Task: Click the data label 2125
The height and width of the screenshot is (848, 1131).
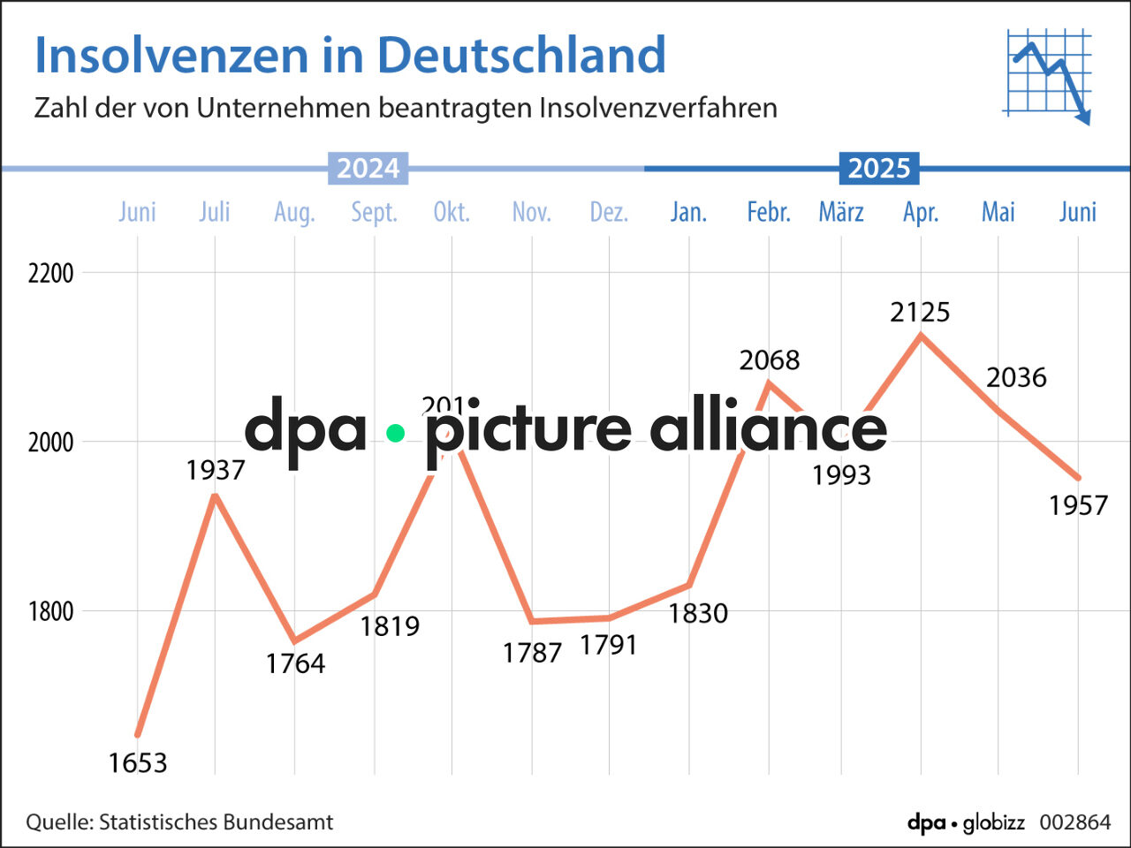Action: tap(920, 312)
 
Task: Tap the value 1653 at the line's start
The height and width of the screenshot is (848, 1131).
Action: tap(138, 762)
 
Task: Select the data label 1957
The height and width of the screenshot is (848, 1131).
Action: tap(1077, 505)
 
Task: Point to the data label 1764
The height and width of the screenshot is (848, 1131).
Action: tap(295, 663)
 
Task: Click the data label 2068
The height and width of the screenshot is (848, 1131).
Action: tap(769, 360)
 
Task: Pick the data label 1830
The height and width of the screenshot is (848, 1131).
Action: tap(698, 613)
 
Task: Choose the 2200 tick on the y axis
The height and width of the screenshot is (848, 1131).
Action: tap(50, 273)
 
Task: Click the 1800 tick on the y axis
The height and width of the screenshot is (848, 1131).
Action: tap(50, 611)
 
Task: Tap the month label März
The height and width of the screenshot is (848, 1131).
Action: tap(840, 212)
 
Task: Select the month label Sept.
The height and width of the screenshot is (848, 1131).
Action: tap(374, 212)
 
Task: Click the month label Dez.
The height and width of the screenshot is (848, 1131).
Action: tap(609, 212)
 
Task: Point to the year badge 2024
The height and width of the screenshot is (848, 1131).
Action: tap(368, 168)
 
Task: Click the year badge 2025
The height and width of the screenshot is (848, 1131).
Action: tap(878, 168)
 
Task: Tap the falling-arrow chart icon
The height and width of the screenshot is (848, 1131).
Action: tap(1048, 77)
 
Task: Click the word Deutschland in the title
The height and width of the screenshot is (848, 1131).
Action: tap(521, 55)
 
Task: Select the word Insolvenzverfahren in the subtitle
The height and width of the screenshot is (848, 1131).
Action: tap(658, 108)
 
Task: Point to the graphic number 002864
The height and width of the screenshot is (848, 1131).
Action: tap(1074, 822)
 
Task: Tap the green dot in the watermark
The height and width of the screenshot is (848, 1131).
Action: tap(395, 433)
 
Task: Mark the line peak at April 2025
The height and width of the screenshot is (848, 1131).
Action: tap(921, 335)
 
